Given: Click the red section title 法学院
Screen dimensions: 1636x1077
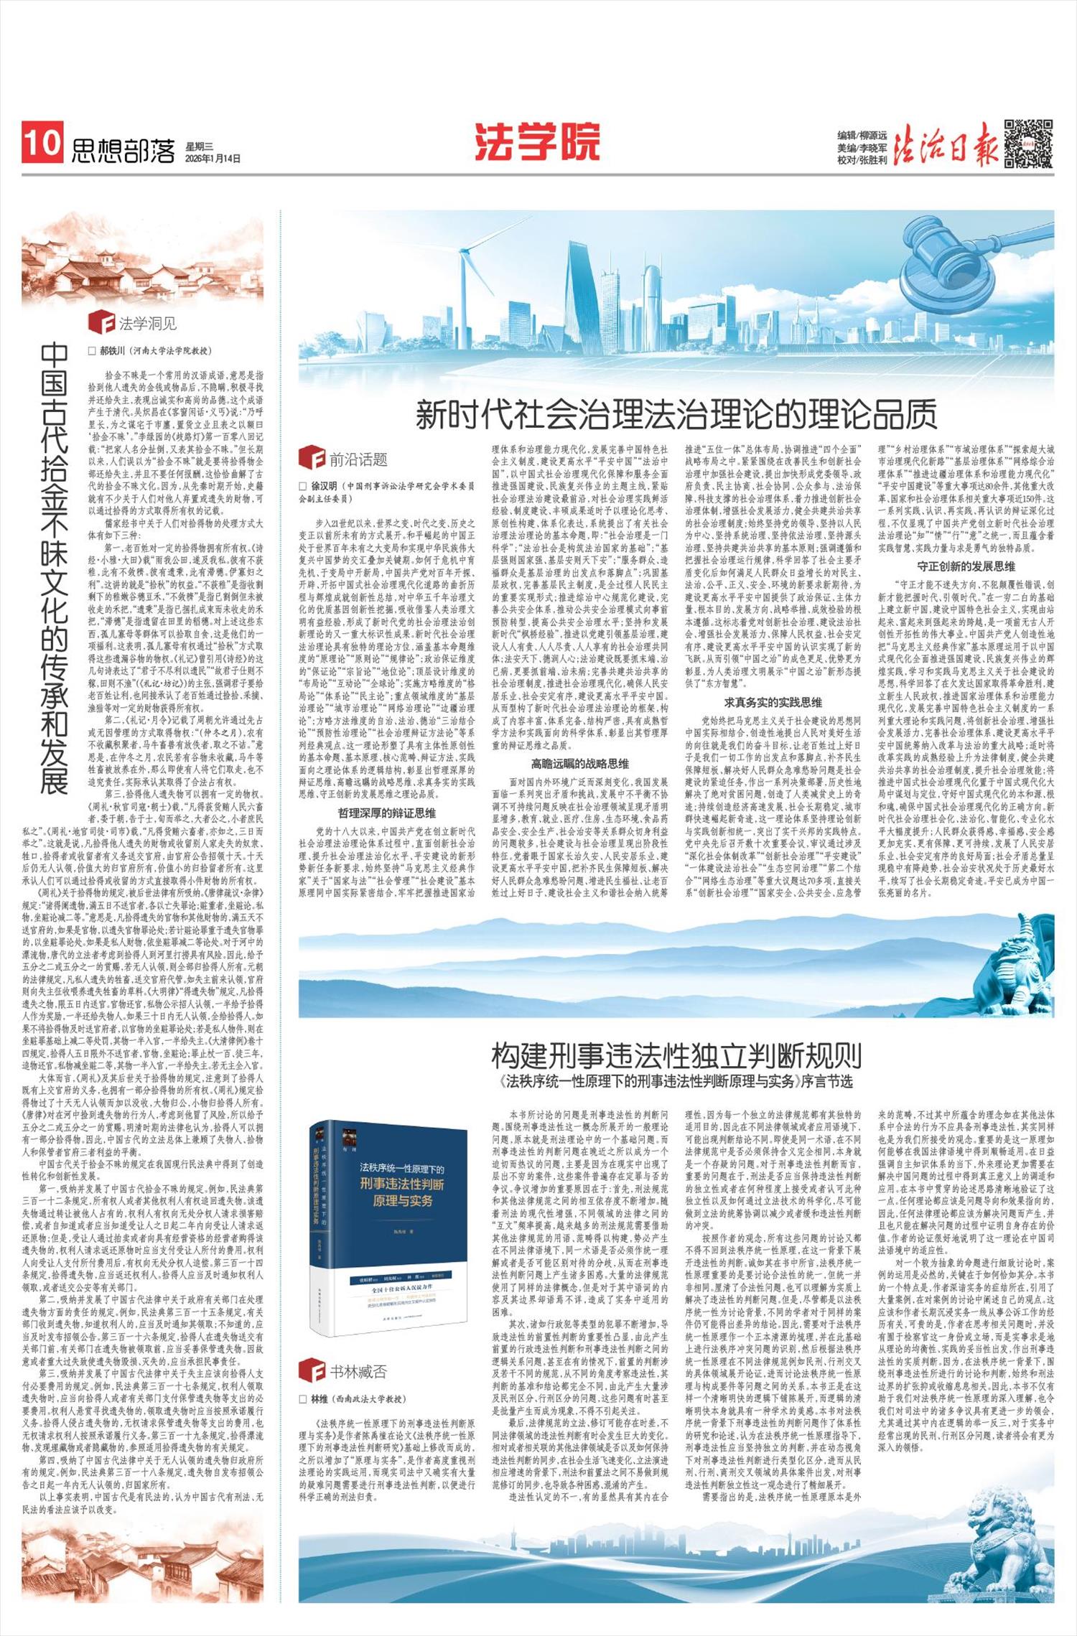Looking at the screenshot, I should [x=536, y=141].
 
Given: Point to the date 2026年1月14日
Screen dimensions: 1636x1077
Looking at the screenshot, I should [x=213, y=158].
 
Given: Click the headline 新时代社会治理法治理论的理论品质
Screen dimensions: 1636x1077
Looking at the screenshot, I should [x=676, y=414].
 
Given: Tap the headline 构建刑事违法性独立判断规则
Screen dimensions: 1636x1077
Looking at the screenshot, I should [x=676, y=1055].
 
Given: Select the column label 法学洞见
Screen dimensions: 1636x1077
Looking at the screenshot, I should [x=147, y=323].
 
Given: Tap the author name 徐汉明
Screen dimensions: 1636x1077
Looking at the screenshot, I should [x=324, y=486].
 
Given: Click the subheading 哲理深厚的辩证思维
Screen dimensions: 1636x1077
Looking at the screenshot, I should [x=386, y=813].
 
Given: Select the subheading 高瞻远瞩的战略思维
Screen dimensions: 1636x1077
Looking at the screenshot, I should [x=579, y=763].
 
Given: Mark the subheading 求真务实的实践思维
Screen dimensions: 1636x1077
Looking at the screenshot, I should [x=773, y=702].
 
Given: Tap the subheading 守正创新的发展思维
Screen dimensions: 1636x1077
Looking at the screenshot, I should [x=966, y=566].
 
